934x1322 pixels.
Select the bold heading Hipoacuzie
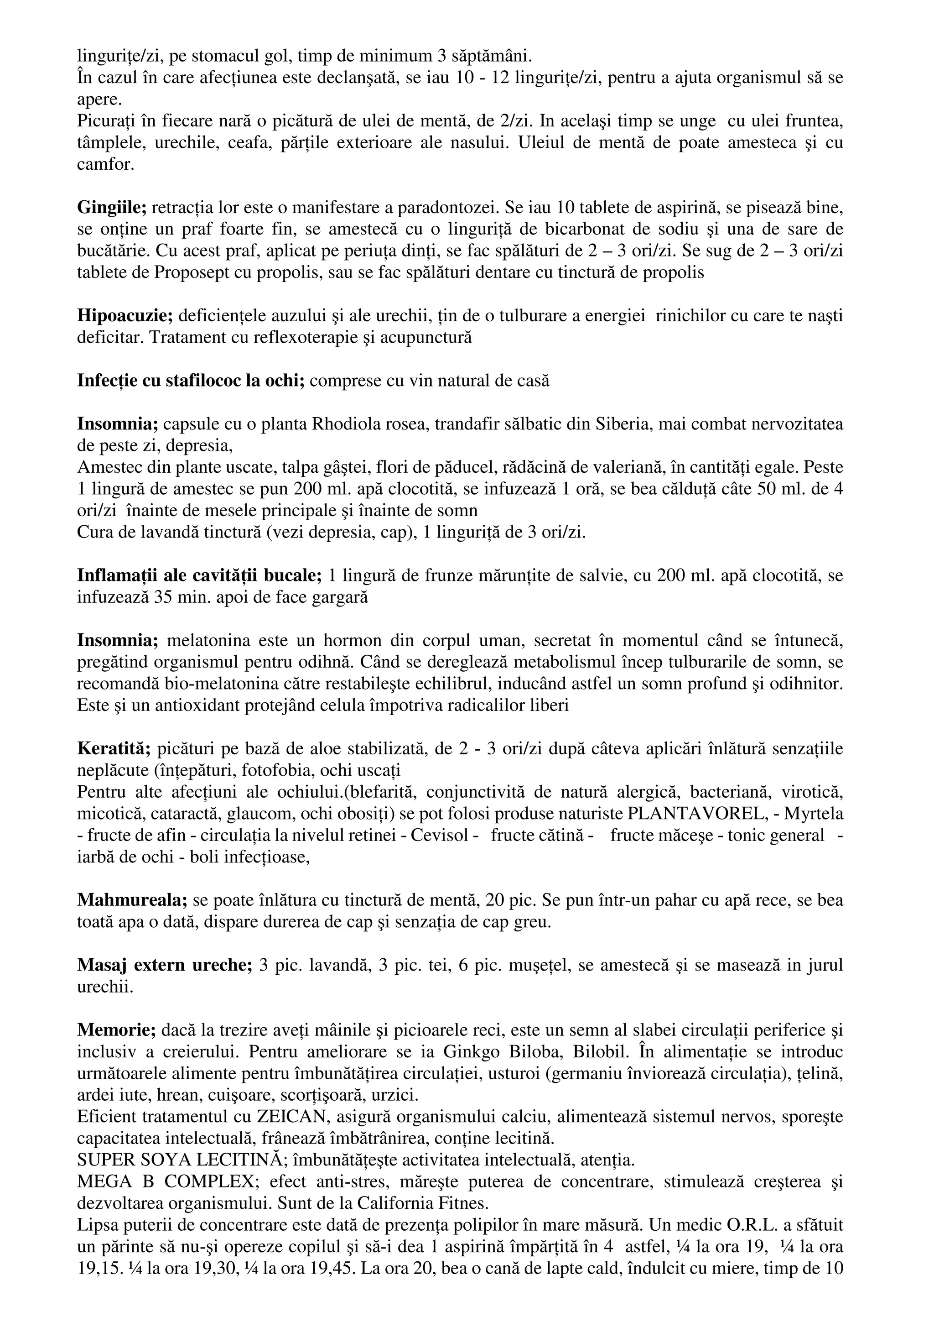pos(125,315)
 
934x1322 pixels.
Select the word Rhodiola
pos(339,424)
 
